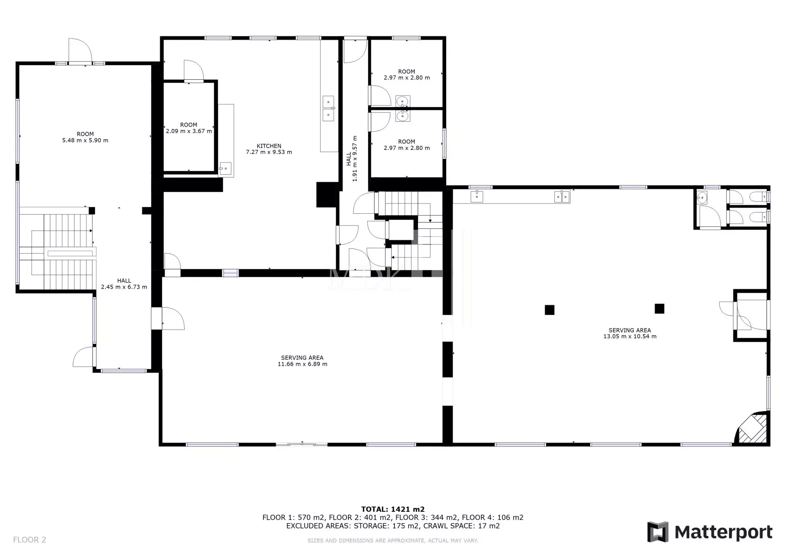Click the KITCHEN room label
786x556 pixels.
tap(269, 146)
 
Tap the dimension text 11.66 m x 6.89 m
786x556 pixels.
tap(303, 364)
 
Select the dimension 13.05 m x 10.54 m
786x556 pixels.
tap(630, 337)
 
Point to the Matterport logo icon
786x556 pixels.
tap(657, 532)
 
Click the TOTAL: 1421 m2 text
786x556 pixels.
tap(393, 509)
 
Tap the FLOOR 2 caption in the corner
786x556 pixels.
tap(29, 540)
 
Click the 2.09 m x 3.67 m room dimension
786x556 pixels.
tap(189, 131)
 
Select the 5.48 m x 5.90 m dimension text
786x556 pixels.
tap(85, 140)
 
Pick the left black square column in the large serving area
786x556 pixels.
tap(549, 310)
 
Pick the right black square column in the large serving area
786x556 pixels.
tap(659, 308)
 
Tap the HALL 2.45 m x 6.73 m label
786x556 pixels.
tap(124, 284)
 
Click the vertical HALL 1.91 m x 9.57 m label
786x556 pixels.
tap(352, 158)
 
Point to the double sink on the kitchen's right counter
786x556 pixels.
tap(328, 108)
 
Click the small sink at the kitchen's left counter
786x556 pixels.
tap(225, 168)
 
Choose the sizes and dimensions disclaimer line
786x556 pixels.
tap(393, 540)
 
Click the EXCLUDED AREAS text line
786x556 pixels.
tap(393, 526)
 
